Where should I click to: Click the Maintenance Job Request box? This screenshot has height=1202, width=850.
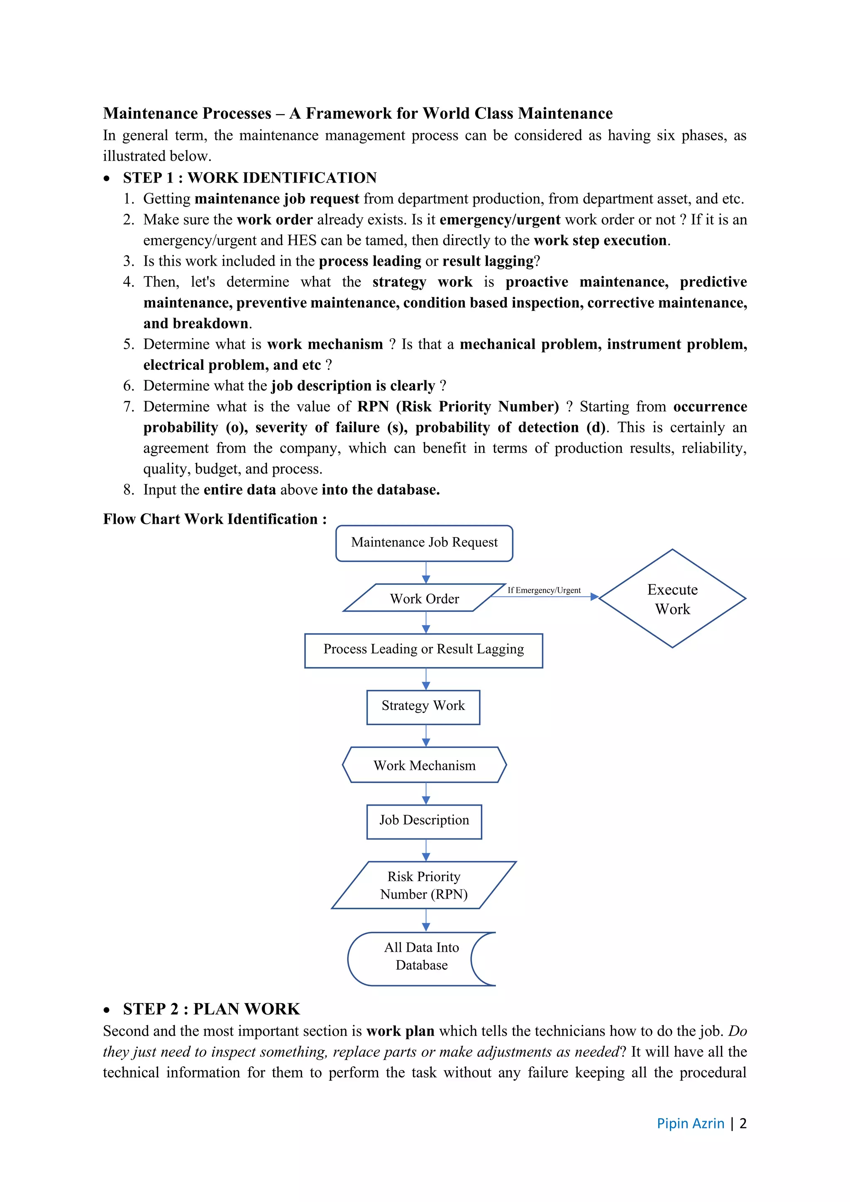424,543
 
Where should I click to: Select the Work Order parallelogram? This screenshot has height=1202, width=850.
424,598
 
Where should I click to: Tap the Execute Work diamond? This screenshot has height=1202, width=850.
672,599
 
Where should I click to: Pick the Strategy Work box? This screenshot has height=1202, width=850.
423,707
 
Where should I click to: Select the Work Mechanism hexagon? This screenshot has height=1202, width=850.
424,765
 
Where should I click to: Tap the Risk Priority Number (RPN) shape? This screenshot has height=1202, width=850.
424,885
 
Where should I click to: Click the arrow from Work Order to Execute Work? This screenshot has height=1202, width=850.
545,597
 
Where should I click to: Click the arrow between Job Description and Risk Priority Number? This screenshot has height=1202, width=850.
426,850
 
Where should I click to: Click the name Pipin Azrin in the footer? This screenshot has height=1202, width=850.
690,1124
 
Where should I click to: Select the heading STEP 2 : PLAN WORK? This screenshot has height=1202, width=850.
211,1009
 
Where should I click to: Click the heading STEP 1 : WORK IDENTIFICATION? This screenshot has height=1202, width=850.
250,178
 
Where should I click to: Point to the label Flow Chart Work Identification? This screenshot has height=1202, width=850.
215,519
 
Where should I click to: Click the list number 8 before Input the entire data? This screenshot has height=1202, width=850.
128,490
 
